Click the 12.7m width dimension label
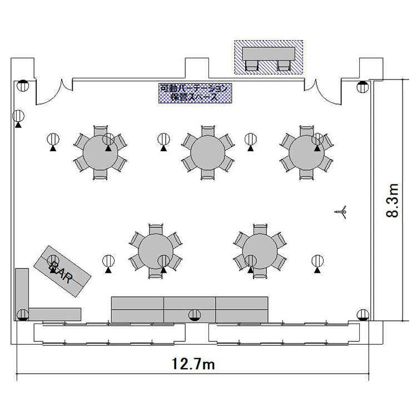(x=193, y=364)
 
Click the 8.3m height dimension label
(x=393, y=200)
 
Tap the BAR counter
(x=62, y=271)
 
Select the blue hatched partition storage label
(x=195, y=93)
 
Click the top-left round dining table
(x=100, y=153)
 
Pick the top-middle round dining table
(x=208, y=153)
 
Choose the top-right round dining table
(x=306, y=153)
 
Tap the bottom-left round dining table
(x=156, y=251)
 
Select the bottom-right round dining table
(x=260, y=251)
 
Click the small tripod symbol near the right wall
(x=341, y=212)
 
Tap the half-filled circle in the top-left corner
(x=23, y=86)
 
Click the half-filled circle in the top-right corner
(x=363, y=87)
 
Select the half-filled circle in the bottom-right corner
(x=363, y=315)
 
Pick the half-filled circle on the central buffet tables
(x=195, y=315)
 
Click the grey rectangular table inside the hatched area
(x=269, y=54)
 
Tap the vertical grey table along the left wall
(x=22, y=292)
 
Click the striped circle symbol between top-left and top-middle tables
(x=163, y=140)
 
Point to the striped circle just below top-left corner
(x=18, y=116)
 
